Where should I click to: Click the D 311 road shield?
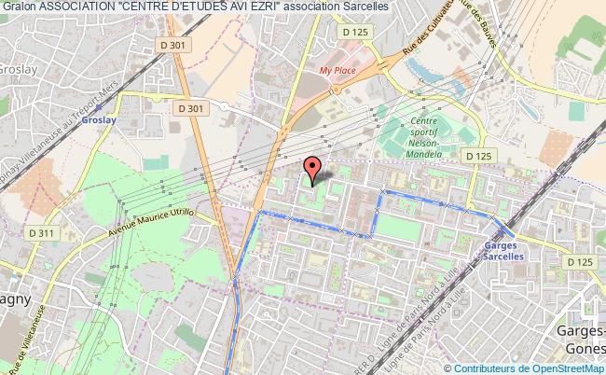[x=41, y=231]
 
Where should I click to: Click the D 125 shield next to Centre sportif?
[x=477, y=156]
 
